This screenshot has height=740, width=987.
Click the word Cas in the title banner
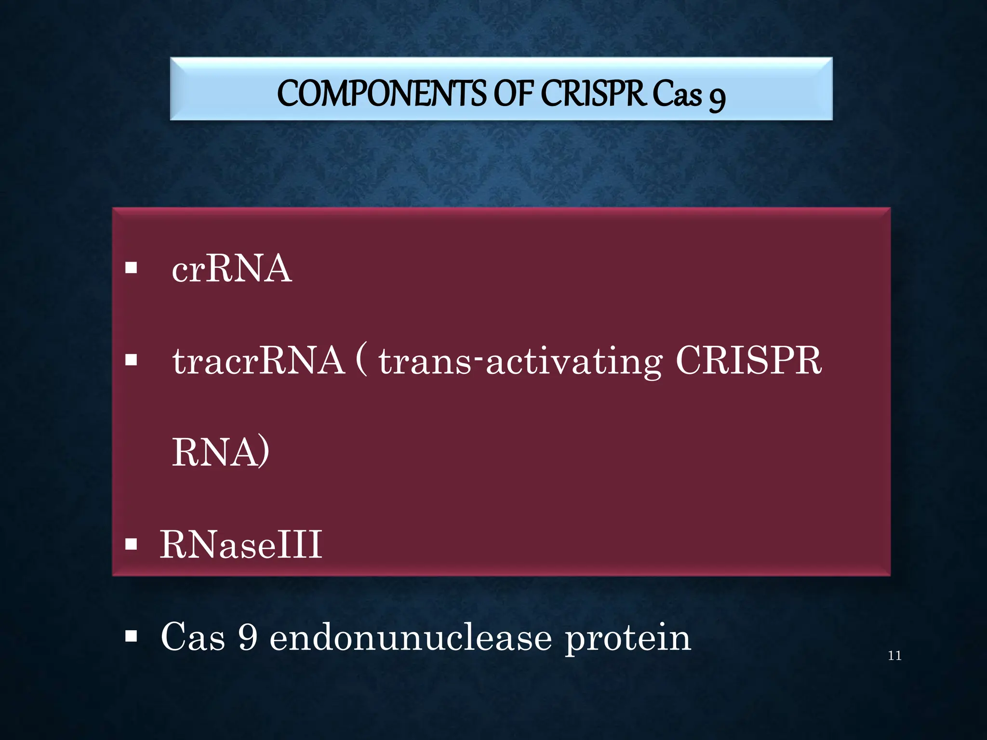(677, 94)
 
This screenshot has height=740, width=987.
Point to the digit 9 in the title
(717, 98)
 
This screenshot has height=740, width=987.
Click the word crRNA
(232, 268)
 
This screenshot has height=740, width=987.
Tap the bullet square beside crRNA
(131, 268)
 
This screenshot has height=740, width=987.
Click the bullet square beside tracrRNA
(131, 360)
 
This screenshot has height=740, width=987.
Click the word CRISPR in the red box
(748, 360)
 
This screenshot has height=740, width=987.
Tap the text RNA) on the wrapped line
(221, 452)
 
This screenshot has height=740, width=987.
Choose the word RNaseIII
(241, 544)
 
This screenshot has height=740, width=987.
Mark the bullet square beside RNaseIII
(131, 544)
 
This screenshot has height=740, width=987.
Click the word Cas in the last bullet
(193, 637)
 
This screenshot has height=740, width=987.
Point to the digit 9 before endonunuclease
(248, 637)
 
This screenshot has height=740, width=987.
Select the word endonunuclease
(411, 637)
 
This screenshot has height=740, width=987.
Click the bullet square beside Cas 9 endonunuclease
(131, 636)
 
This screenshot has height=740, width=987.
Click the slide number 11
(894, 656)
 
